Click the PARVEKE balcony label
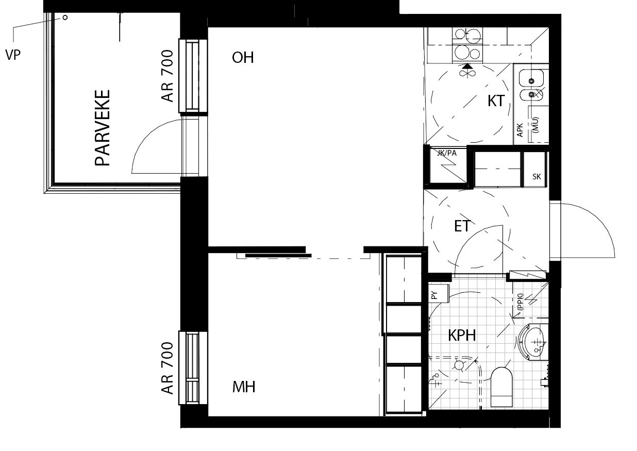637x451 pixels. tap(102, 128)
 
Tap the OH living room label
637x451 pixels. tap(243, 57)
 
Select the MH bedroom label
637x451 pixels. tap(244, 387)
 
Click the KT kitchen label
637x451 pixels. tap(496, 101)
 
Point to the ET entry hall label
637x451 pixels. tap(462, 226)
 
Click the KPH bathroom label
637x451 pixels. tap(462, 335)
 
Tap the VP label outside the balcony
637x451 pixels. tap(13, 55)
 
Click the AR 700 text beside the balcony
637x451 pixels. tap(167, 76)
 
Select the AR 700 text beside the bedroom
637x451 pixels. tap(167, 368)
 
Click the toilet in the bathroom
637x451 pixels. tap(501, 387)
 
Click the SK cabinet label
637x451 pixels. tap(537, 177)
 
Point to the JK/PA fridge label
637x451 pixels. tap(446, 153)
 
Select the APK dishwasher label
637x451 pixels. tap(520, 130)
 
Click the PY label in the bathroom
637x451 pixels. tap(434, 295)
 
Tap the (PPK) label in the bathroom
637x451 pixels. tap(520, 302)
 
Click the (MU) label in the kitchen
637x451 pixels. tap(536, 125)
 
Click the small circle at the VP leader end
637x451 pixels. tap(65, 18)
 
